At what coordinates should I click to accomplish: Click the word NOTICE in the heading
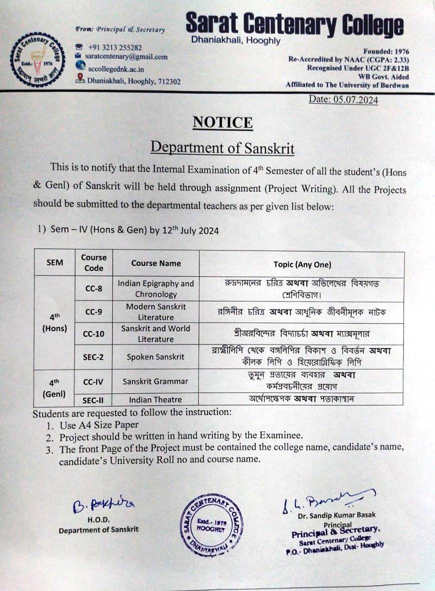(223, 123)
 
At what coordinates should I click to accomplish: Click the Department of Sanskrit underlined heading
(223, 148)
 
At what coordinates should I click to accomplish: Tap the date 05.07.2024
(343, 99)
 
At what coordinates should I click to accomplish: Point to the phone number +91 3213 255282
(115, 48)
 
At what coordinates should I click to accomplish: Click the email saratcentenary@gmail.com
(126, 57)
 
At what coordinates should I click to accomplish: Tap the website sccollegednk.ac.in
(116, 69)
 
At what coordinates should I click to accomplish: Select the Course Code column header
(94, 263)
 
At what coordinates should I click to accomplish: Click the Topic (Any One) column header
(302, 264)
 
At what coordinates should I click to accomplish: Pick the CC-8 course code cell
(94, 288)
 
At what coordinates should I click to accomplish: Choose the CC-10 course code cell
(94, 334)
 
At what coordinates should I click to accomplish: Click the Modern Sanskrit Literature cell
(156, 312)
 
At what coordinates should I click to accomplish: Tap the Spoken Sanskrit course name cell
(155, 357)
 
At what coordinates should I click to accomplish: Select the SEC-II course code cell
(94, 400)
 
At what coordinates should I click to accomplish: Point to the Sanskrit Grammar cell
(155, 381)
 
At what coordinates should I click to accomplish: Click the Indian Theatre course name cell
(155, 400)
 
